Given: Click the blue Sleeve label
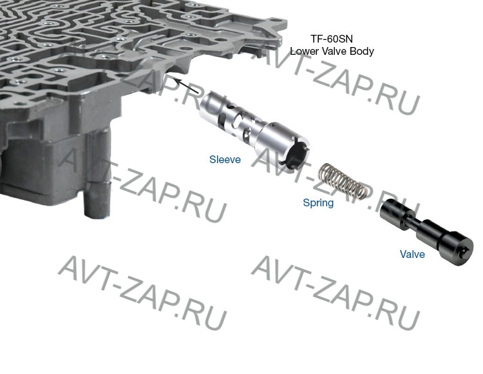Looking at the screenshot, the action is tap(225, 159).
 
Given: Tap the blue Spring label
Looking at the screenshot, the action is tap(318, 203).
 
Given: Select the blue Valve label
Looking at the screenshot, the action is tap(412, 254).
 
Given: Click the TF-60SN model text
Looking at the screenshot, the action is tap(331, 39).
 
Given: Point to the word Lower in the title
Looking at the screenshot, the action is tap(305, 51).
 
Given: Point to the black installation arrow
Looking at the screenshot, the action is tap(187, 86).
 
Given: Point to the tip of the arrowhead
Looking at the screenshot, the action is tap(173, 78).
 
